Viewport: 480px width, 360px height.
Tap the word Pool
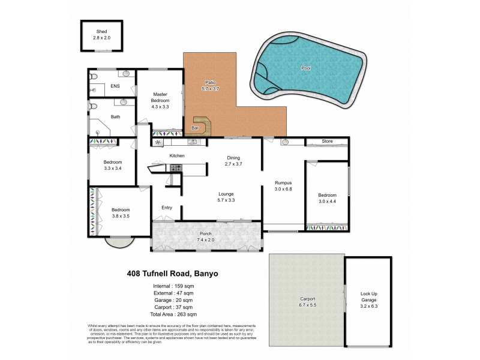click(x=307, y=68)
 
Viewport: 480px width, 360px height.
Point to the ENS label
click(x=115, y=86)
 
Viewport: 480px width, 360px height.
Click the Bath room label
click(x=115, y=117)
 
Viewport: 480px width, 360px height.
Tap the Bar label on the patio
click(x=194, y=128)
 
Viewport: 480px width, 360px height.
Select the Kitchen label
click(x=176, y=156)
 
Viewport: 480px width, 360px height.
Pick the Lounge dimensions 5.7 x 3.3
click(x=227, y=200)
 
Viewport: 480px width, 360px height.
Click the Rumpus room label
click(x=283, y=182)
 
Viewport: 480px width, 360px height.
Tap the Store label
click(x=326, y=142)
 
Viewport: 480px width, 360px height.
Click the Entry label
click(x=166, y=208)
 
